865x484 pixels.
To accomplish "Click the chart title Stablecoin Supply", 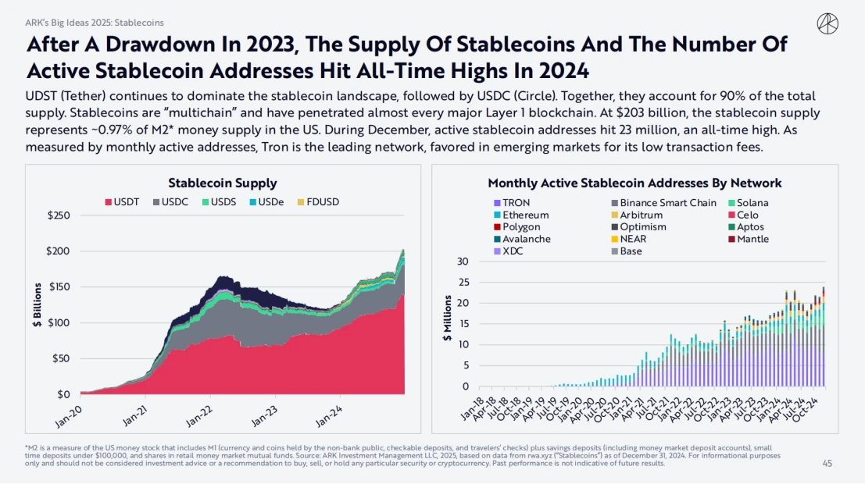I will pos(223,183).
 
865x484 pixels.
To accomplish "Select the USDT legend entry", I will pos(122,202).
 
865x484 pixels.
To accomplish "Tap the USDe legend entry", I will pos(266,202).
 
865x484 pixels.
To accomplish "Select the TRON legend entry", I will pos(511,203).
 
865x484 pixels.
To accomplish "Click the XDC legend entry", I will pos(509,251).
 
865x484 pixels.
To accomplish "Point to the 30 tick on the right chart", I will pos(463,262).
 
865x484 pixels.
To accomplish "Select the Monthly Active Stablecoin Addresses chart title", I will pos(634,183).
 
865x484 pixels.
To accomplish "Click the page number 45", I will pos(827,463).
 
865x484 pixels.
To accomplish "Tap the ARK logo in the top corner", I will pos(827,24).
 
